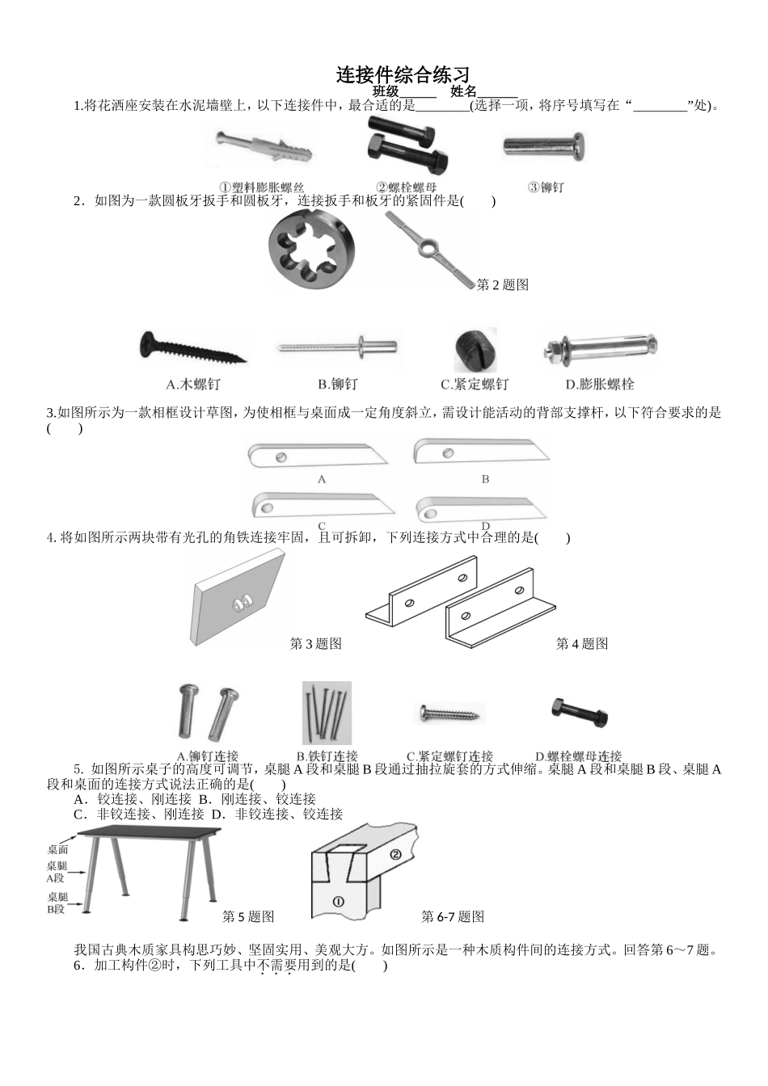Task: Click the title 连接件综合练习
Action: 403,75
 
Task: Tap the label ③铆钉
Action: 546,187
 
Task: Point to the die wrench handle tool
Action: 429,248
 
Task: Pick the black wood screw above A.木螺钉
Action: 192,349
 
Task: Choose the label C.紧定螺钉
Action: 475,385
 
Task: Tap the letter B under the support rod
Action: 485,479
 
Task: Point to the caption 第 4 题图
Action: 582,644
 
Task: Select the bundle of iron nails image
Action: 327,713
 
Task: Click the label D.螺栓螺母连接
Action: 579,757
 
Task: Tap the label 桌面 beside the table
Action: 57,849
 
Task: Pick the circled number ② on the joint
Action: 395,855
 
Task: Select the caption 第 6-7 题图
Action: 453,916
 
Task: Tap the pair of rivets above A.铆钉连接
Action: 207,713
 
